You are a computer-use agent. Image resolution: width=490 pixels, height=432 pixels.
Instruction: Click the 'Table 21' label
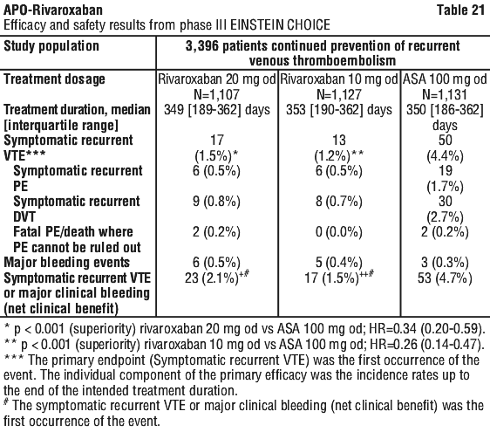point(460,10)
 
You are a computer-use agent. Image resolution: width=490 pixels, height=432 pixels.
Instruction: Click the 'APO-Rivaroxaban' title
point(53,10)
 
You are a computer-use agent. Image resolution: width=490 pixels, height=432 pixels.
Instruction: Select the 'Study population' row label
point(51,46)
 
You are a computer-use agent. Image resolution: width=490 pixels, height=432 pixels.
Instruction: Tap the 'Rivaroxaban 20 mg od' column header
point(217,79)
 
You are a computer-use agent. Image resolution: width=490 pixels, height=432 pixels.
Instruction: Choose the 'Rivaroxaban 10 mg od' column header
point(339,79)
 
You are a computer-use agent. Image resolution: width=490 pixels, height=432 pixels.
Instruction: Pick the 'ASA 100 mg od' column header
point(445,79)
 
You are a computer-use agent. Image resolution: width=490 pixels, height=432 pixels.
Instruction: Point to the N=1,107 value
point(217,94)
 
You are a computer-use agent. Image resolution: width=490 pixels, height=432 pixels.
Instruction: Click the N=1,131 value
point(445,94)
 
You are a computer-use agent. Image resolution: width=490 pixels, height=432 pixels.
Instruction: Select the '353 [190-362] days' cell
point(339,110)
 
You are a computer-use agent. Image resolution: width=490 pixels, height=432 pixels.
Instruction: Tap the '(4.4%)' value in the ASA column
point(445,156)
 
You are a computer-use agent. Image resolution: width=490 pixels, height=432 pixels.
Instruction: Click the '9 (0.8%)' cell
point(216,202)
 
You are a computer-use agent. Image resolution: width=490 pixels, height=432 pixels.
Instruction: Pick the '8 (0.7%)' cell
point(339,202)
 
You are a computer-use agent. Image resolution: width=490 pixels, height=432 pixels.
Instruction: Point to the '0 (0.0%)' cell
point(339,232)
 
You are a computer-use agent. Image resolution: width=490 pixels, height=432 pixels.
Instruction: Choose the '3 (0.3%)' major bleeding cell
point(445,263)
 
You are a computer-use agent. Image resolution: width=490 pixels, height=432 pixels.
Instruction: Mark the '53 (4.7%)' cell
point(445,278)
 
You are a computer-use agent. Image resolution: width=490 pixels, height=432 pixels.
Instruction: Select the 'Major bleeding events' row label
point(66,263)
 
